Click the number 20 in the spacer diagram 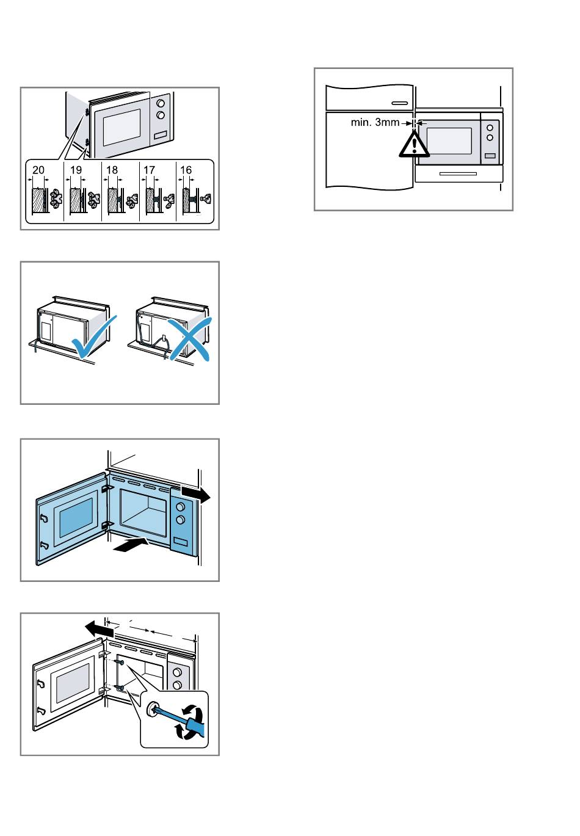tap(38, 170)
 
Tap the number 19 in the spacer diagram tap(76, 170)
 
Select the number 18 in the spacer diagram tap(112, 170)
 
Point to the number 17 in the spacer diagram tap(149, 170)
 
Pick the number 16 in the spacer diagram tap(186, 170)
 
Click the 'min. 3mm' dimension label tap(375, 123)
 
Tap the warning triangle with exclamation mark tap(414, 144)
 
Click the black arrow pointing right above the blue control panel tap(196, 493)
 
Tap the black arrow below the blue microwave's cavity tap(131, 544)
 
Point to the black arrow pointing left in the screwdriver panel tap(99, 627)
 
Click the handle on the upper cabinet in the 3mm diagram tap(400, 103)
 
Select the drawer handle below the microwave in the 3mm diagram tap(457, 174)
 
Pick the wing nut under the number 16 tap(205, 199)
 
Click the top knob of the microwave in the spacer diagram tap(161, 104)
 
